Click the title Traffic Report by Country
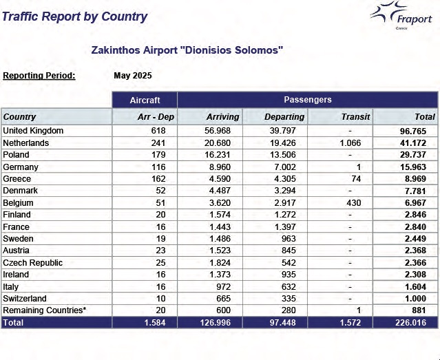[74, 17]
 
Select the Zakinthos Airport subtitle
[187, 50]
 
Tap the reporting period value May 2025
[132, 76]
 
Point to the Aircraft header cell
[145, 100]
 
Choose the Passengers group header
[307, 100]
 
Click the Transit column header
[355, 117]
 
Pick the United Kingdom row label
[33, 131]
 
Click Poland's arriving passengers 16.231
[225, 155]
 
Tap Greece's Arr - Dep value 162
[163, 179]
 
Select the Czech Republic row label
[32, 263]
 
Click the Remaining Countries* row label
[45, 310]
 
